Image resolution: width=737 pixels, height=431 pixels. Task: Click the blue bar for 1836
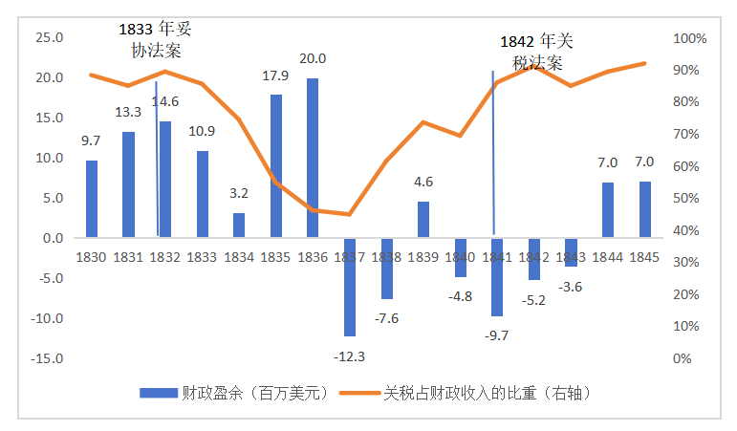tap(313, 158)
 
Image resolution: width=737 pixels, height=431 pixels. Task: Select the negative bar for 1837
tap(350, 287)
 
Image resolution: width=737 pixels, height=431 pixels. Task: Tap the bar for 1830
tap(92, 199)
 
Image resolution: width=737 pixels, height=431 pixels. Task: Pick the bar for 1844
tap(608, 209)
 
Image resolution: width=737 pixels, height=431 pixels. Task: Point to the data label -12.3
tap(349, 356)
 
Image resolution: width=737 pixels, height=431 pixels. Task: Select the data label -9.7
tap(497, 334)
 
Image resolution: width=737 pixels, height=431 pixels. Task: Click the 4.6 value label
tap(423, 182)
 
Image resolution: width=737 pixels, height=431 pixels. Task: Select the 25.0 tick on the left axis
tap(49, 38)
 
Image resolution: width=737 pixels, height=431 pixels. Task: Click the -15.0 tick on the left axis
tap(47, 358)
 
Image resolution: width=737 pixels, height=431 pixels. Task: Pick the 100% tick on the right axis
tap(689, 38)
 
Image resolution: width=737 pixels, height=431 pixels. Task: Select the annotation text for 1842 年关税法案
tap(537, 52)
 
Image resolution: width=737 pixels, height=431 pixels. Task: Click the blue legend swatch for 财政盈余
tap(158, 393)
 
